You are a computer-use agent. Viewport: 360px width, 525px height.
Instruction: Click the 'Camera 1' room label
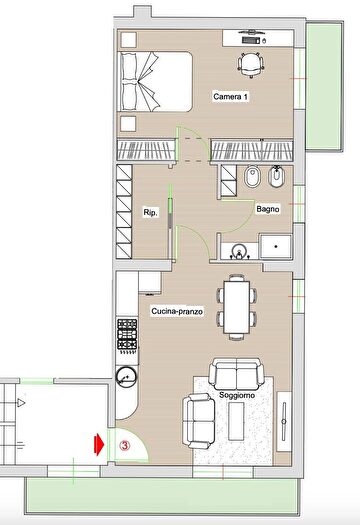pos(231,97)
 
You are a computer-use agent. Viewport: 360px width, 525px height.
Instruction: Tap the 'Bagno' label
pos(268,209)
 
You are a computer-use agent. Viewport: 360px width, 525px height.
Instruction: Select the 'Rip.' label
pos(150,213)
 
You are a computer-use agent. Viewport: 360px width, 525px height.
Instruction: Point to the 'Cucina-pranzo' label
pos(177,311)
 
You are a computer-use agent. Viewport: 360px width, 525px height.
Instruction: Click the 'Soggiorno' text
pos(237,395)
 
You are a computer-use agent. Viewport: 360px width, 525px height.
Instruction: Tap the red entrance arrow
pos(99,445)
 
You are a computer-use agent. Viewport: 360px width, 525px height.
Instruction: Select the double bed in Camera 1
pos(155,81)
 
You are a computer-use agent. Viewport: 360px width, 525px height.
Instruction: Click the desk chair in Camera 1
pos(251,65)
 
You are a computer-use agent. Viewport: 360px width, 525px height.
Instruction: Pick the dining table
pos(237,307)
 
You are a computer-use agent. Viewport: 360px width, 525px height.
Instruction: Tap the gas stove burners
pos(127,334)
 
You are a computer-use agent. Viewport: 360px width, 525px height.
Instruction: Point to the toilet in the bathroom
pos(251,176)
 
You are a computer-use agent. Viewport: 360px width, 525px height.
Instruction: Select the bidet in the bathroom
pos(276,176)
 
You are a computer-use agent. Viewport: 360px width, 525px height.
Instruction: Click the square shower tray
pos(276,246)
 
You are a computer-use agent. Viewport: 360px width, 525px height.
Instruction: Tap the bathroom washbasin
pos(239,251)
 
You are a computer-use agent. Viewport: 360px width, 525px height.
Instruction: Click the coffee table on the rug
pos(236,422)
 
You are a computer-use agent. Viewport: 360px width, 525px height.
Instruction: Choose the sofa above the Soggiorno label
pos(236,374)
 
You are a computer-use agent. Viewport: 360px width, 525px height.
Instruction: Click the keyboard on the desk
pos(250,41)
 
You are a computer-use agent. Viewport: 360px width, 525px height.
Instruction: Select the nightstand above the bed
pos(129,40)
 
